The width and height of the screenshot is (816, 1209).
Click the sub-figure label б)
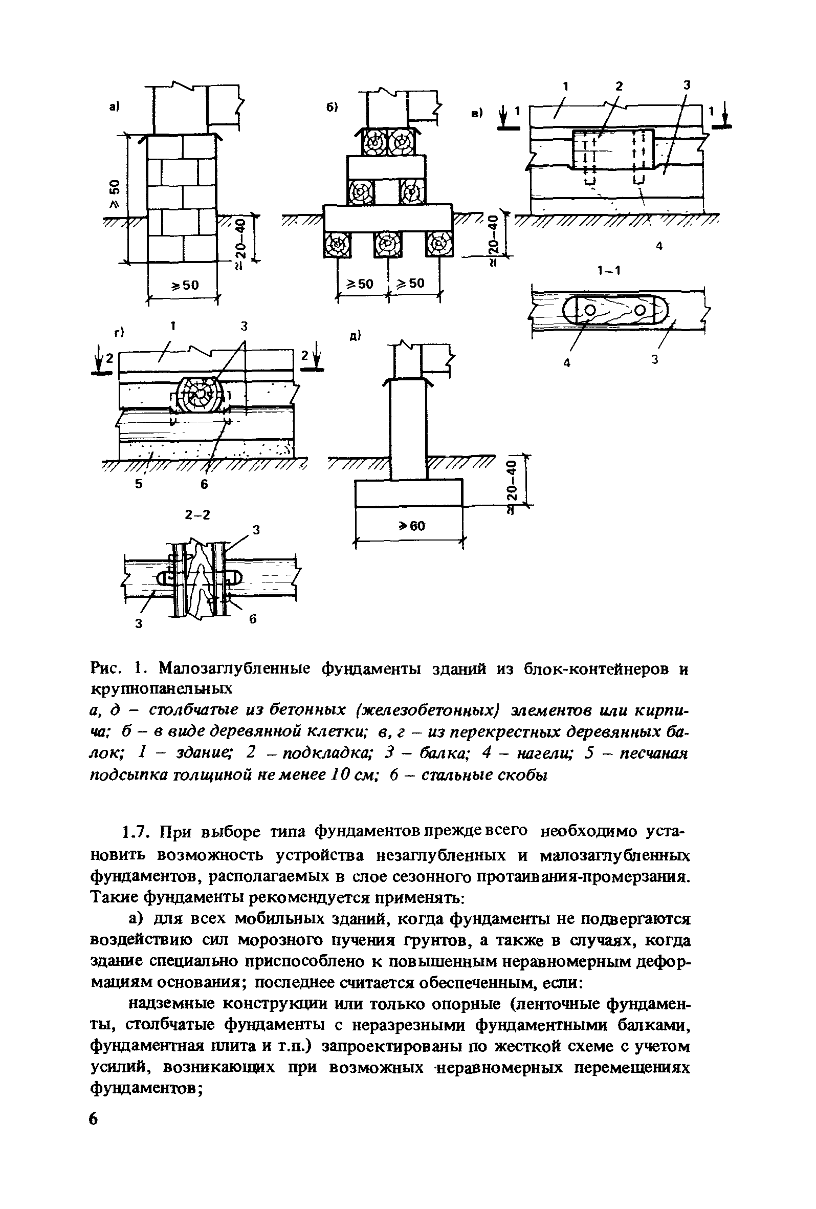333,106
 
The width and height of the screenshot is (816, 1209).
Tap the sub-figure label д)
355,336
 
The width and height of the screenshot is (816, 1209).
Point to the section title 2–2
197,514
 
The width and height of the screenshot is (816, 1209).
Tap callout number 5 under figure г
138,484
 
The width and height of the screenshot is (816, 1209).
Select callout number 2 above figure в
619,87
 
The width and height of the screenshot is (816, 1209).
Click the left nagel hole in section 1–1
589,310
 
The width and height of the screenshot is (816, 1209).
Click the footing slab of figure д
408,492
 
